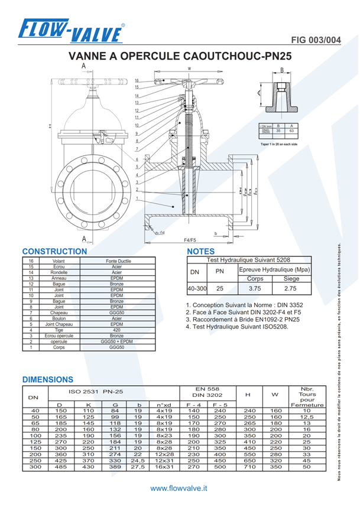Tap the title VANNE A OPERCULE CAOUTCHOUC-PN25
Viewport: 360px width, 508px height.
[x=180, y=57]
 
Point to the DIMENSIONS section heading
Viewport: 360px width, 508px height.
[x=48, y=379]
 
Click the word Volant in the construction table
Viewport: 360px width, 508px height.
[x=59, y=260]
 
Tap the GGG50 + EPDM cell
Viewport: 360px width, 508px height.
[x=116, y=342]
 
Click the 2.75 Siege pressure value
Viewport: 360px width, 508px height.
[x=291, y=289]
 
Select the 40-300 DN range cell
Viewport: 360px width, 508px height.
[x=197, y=289]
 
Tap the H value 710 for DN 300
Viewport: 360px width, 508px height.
[x=249, y=466]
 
